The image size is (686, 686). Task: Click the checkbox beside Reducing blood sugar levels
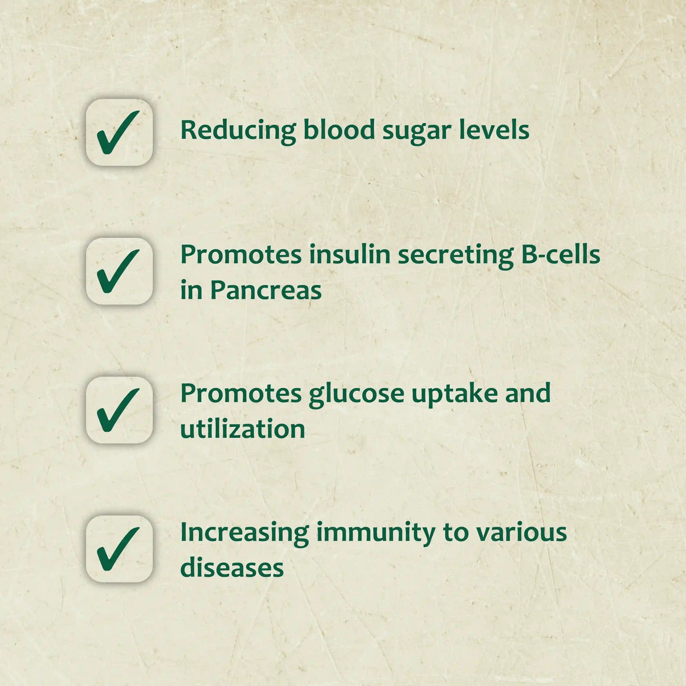point(119,132)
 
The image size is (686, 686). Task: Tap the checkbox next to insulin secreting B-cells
point(119,272)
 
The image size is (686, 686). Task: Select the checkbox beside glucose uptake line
point(119,410)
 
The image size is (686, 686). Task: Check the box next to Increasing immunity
point(119,549)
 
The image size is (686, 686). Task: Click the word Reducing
point(238,130)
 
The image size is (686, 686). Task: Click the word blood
point(339,130)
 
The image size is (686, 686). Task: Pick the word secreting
point(456,255)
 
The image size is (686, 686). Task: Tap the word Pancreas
point(266,290)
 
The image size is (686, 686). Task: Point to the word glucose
point(356,395)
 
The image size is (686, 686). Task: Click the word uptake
point(454,395)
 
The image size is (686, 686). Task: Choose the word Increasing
point(244,533)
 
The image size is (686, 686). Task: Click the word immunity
point(376,533)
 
